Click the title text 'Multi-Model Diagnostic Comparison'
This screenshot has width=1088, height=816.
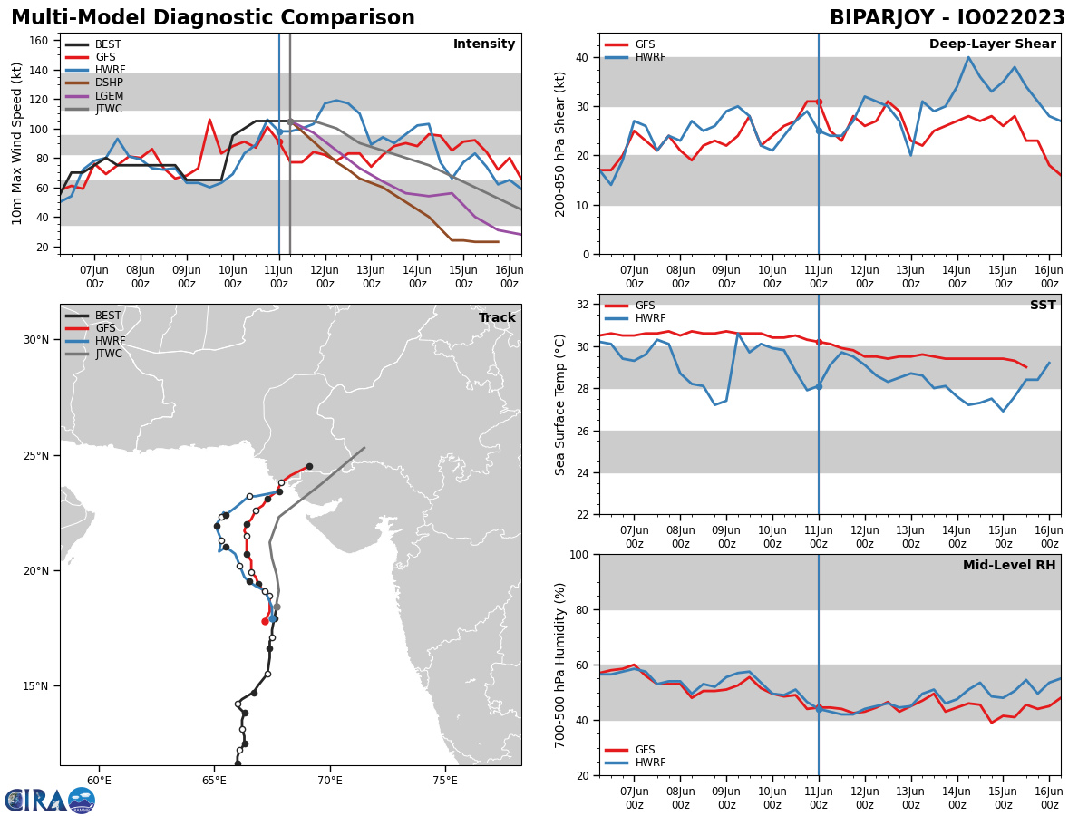[x=213, y=18]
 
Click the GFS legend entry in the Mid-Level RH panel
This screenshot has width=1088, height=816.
[x=645, y=750]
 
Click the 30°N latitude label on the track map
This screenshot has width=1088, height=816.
[x=36, y=340]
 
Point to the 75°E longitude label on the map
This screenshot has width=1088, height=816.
[x=444, y=781]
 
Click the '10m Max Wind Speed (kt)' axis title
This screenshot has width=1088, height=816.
[x=16, y=142]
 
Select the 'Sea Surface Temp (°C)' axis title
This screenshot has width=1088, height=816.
[x=560, y=404]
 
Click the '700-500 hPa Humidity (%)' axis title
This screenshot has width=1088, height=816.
[x=560, y=665]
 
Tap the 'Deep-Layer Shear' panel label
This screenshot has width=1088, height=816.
[x=992, y=44]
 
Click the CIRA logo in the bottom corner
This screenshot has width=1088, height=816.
[x=49, y=800]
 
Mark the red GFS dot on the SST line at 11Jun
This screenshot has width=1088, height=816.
[x=819, y=342]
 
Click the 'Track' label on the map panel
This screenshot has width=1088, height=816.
[x=497, y=318]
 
